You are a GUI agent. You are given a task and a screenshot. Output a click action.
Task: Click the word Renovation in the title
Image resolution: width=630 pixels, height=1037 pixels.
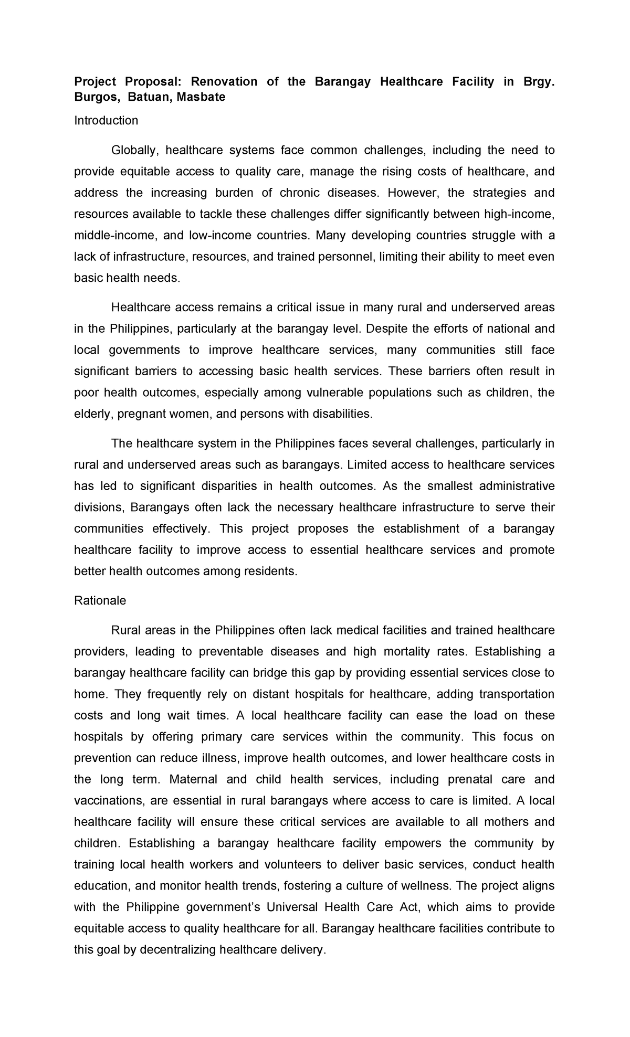(x=224, y=81)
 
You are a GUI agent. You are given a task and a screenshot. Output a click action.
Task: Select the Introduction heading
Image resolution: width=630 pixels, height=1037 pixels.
(x=106, y=121)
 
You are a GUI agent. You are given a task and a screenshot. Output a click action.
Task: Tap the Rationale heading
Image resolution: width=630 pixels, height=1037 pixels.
(x=100, y=601)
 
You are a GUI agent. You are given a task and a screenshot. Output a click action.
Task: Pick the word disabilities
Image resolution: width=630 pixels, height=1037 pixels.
(x=342, y=414)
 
